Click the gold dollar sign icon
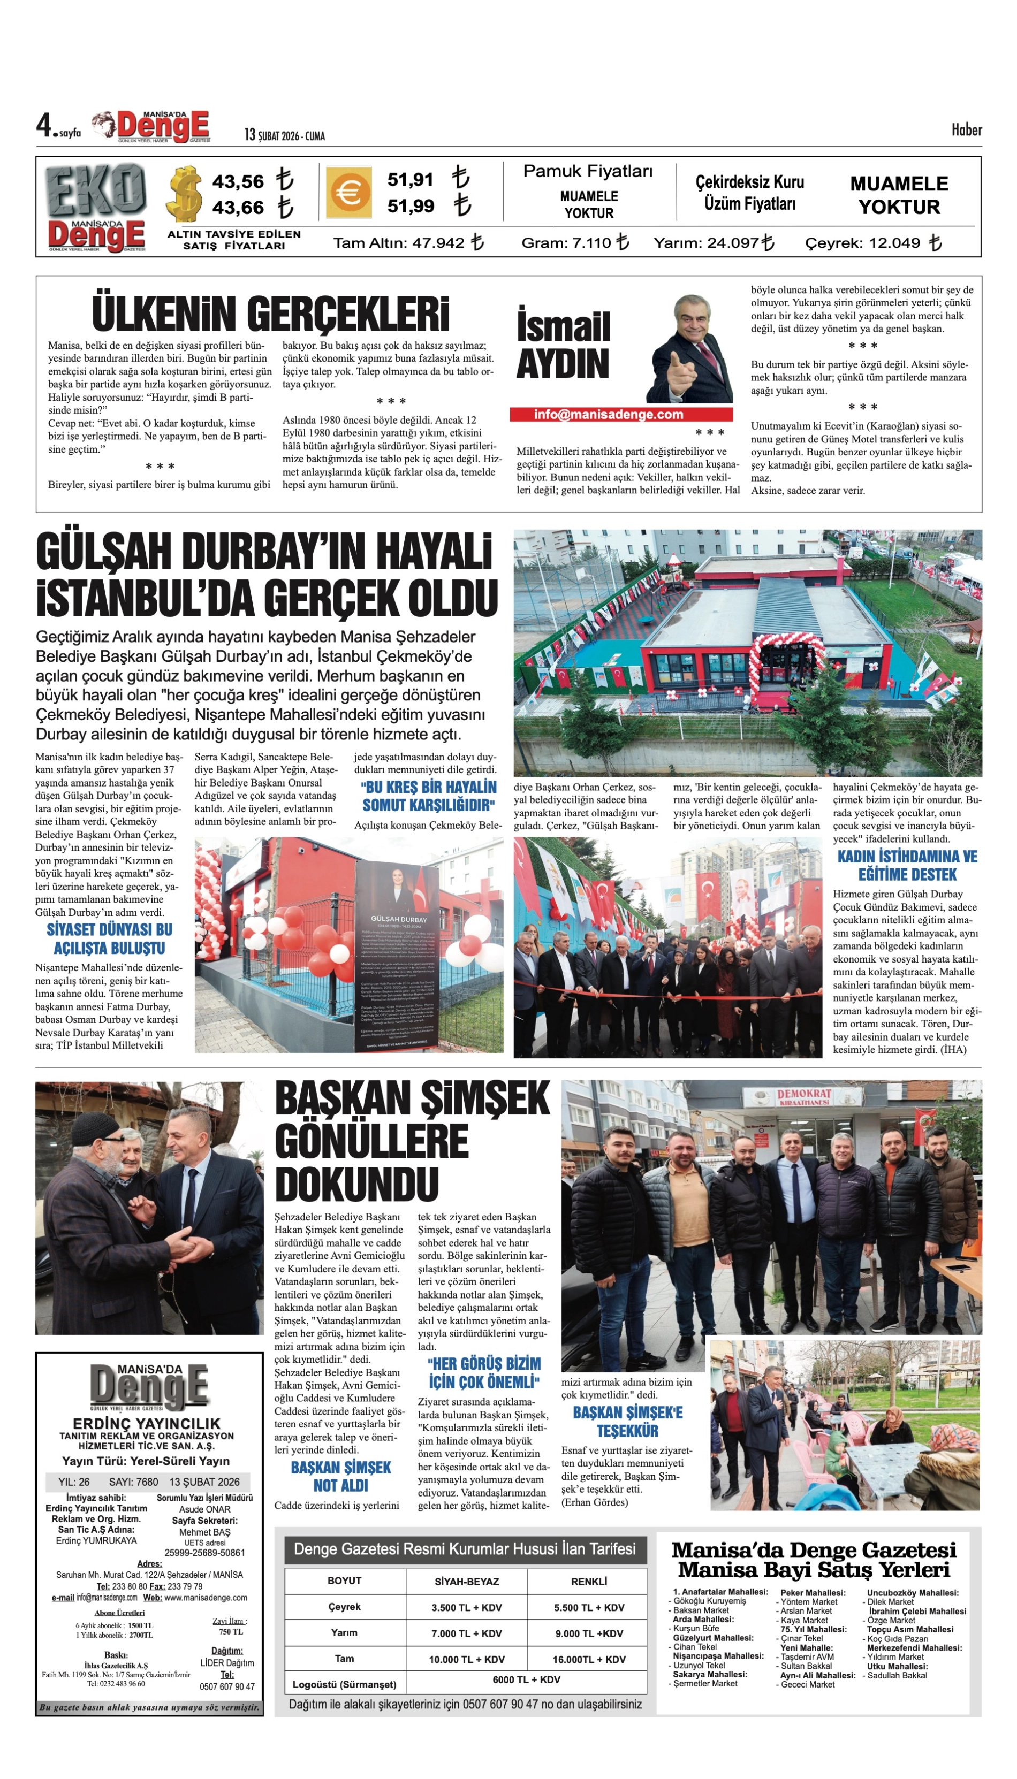coord(185,193)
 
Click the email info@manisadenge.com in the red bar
coord(609,415)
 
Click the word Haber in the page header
coord(966,130)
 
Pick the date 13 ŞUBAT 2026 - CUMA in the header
coord(284,135)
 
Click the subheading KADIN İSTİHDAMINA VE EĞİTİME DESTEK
coord(907,865)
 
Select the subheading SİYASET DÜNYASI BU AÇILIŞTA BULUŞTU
coord(110,938)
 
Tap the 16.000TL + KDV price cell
coord(588,1660)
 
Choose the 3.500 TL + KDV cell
coord(466,1607)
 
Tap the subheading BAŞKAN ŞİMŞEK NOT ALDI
coord(341,1476)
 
